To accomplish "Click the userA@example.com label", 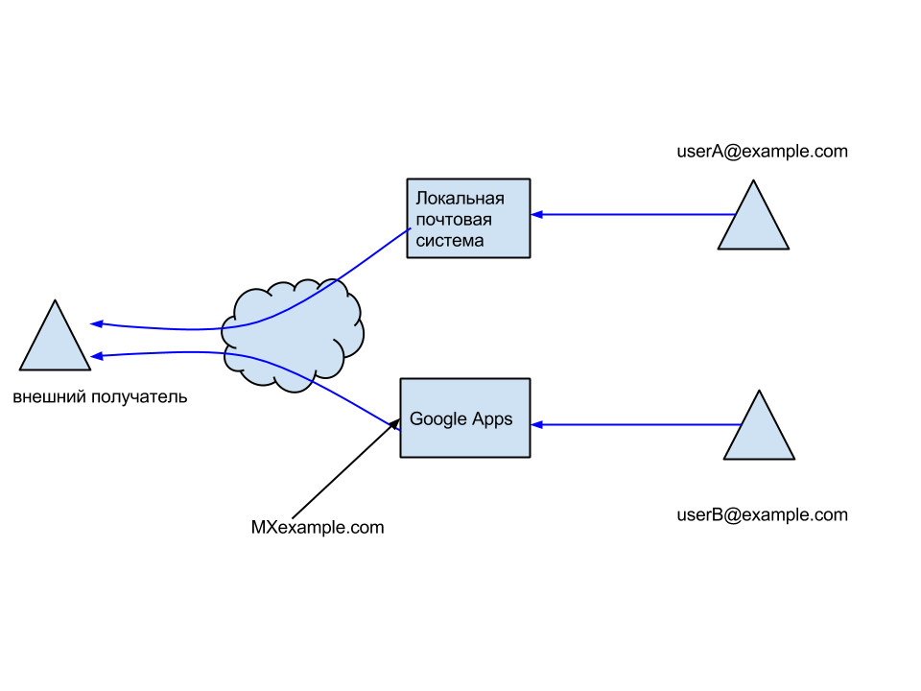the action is (762, 152).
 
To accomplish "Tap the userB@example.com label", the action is (762, 514).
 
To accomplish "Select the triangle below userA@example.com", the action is (753, 215).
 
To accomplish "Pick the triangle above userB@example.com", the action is (759, 425).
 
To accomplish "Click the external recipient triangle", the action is (56, 335).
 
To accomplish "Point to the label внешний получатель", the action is (100, 397).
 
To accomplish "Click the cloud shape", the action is (292, 336).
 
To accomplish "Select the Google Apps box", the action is (465, 417).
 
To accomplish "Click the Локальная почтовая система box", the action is (469, 219).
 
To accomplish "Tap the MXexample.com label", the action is (318, 528).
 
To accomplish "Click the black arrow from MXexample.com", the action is (346, 468).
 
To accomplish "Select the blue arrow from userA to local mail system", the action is (632, 214).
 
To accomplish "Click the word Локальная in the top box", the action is (460, 199).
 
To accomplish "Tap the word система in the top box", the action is (450, 241).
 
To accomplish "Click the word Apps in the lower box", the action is (492, 419).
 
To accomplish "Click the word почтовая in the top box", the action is (454, 220).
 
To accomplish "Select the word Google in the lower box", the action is (438, 419).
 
